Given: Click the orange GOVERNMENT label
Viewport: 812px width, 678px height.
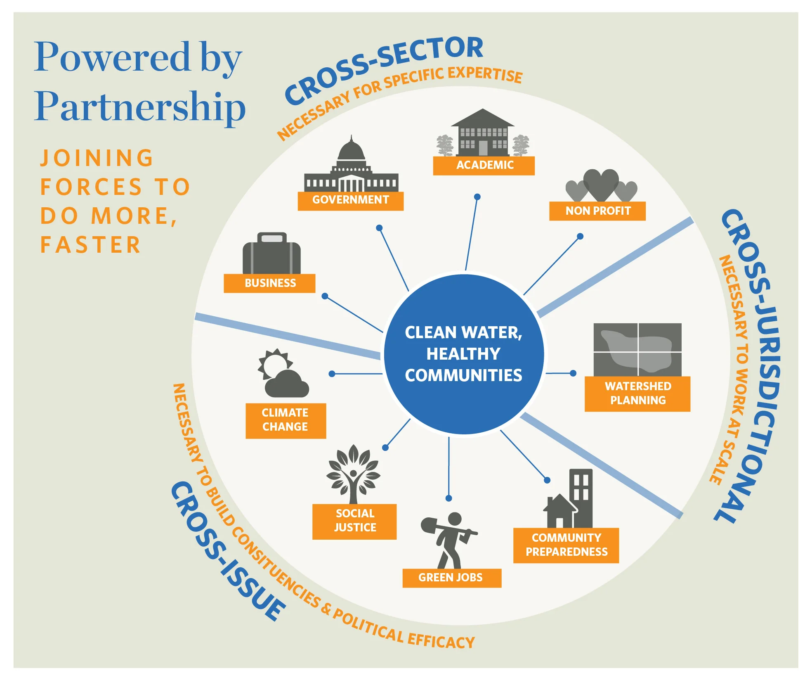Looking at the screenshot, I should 350,201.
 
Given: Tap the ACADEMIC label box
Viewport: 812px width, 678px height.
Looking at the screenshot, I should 484,166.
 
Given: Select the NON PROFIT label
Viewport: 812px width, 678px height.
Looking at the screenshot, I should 597,211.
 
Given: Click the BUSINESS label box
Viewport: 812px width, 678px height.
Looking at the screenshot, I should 269,283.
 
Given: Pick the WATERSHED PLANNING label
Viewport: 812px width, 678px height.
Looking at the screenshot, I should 637,394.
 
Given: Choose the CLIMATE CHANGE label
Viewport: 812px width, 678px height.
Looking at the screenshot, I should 286,420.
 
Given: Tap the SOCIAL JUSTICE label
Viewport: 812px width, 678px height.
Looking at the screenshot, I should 354,521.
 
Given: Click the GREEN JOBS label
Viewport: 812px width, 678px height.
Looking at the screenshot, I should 451,578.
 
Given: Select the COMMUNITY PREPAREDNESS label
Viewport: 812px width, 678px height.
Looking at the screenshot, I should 566,545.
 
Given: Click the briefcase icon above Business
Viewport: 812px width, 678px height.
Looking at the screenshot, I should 271,254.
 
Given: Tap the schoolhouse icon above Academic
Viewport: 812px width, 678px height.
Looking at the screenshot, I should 483,133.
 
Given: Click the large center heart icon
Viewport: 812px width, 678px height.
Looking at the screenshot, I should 601,185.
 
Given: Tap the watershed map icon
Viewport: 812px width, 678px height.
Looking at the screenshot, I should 637,350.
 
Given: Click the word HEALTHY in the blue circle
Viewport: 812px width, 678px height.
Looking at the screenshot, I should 463,354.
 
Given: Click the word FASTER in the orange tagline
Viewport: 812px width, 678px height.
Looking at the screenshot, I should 90,245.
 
